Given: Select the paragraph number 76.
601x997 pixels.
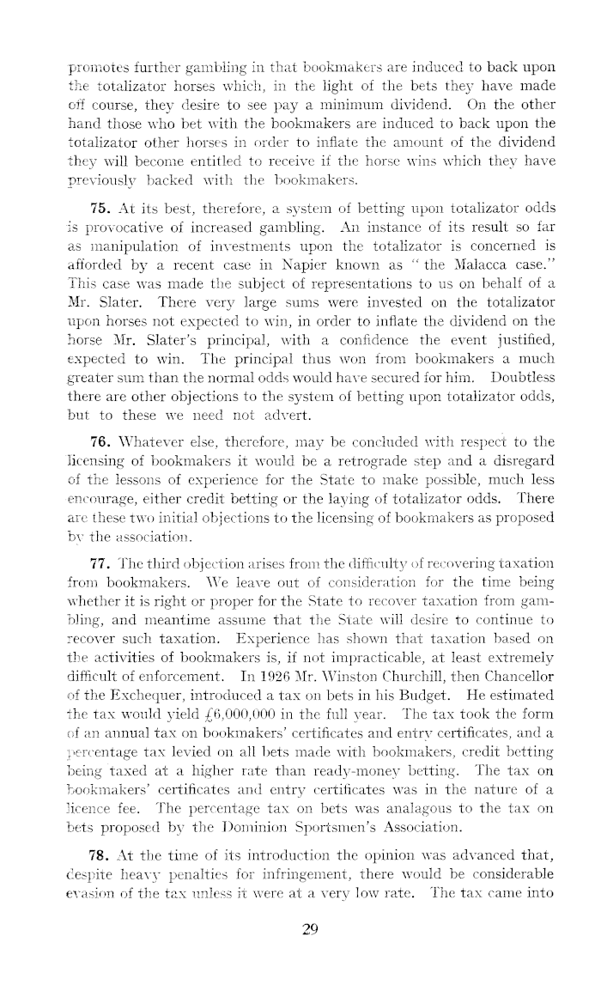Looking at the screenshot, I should [x=100, y=441].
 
